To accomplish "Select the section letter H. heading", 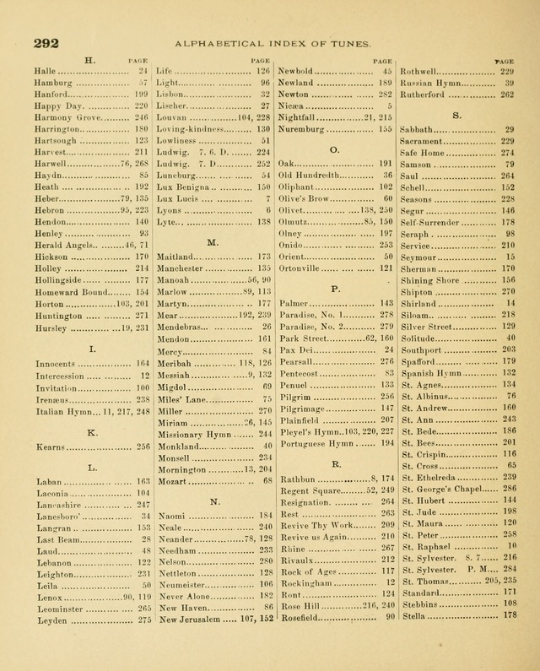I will (x=90, y=60).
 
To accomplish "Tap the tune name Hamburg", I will (x=53, y=84).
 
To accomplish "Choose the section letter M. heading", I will (x=213, y=242).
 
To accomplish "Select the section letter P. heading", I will (x=335, y=289).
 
